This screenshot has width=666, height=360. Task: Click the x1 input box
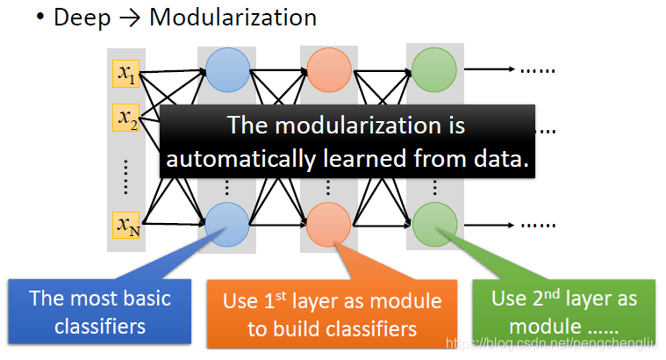pos(126,73)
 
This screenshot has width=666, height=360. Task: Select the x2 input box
pos(126,117)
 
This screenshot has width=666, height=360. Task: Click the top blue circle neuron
pos(227,71)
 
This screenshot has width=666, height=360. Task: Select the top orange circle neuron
pos(328,71)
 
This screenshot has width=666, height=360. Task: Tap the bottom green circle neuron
pos(433,223)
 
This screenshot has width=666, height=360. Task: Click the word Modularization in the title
pos(233,18)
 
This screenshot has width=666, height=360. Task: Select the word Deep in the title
pos(80,18)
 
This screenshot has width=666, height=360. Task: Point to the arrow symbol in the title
pos(131,18)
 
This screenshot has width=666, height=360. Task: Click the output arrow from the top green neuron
pos(487,69)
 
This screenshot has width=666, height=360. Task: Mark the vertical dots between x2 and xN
pos(125,176)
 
